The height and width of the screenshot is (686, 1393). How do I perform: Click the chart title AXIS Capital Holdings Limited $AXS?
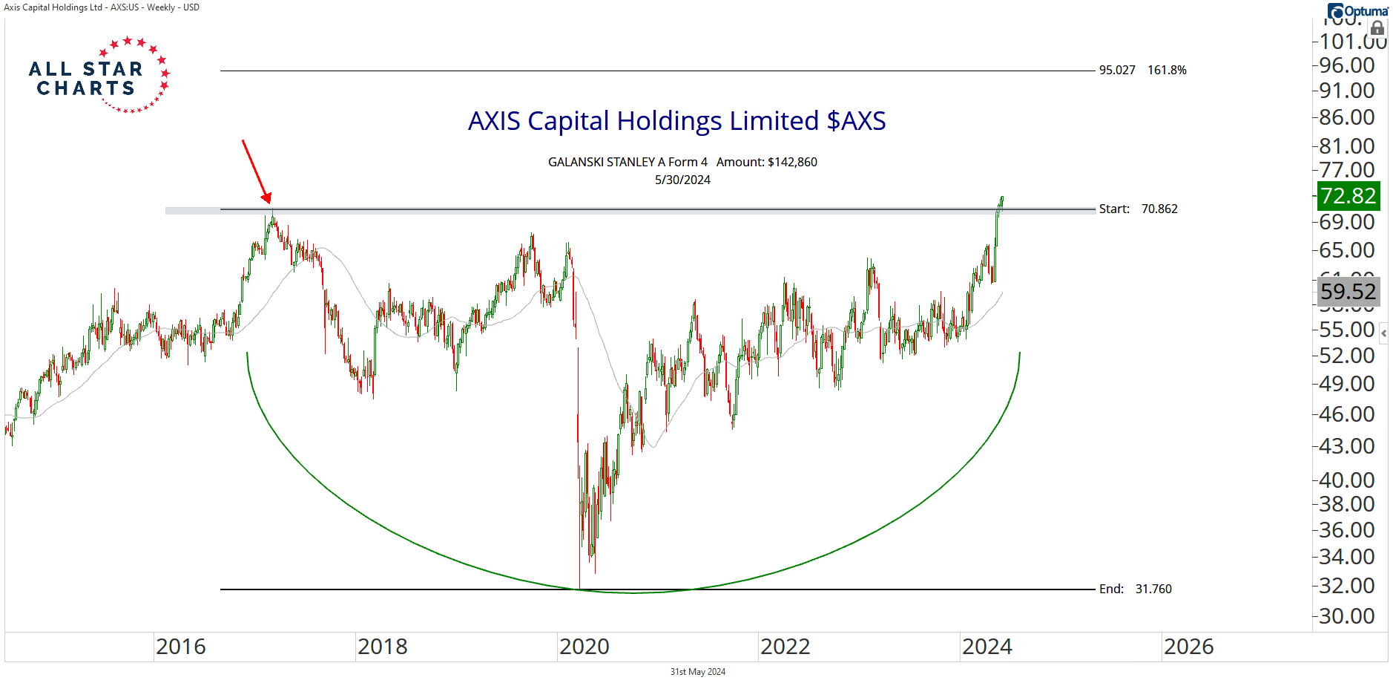click(676, 121)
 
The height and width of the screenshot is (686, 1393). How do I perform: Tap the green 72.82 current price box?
click(1348, 196)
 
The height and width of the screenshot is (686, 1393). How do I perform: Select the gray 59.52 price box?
click(1348, 292)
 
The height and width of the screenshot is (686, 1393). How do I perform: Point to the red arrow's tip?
click(269, 201)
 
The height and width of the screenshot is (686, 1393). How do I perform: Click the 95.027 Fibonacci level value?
click(1117, 71)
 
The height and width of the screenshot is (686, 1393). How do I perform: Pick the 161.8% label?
click(1167, 71)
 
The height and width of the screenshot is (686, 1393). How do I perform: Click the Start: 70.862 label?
click(1138, 209)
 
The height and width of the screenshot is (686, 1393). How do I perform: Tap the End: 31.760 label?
click(1135, 589)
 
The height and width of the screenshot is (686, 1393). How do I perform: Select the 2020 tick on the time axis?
click(584, 647)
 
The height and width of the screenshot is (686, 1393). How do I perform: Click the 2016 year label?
click(181, 647)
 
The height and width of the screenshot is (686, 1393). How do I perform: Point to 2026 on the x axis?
click(1188, 647)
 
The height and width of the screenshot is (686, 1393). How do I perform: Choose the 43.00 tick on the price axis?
click(1347, 446)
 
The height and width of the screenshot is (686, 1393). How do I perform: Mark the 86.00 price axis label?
click(1347, 117)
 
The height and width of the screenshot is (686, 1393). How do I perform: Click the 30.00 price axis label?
click(1347, 616)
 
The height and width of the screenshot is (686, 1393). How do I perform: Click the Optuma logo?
click(1357, 11)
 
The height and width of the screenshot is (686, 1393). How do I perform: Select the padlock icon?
click(1377, 29)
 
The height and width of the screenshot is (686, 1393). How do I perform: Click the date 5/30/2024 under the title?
click(682, 180)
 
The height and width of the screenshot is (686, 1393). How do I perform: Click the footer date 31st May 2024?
click(697, 672)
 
